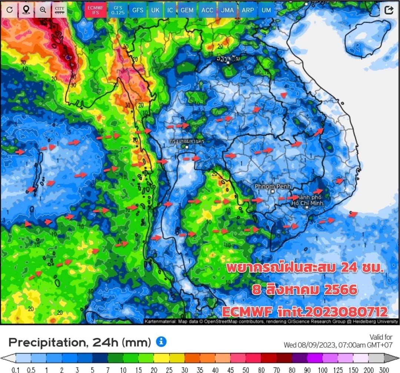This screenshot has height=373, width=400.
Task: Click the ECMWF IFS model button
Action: coord(96,10)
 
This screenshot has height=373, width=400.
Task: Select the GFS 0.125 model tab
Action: coord(117,10)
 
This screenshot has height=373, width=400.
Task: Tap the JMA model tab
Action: coord(227,10)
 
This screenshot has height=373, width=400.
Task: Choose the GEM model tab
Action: coord(187,10)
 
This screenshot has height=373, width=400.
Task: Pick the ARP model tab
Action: coord(247,10)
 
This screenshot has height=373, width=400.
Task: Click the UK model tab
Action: coord(155,10)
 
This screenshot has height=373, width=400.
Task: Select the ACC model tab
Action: coord(207,10)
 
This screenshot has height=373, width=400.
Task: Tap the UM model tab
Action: coord(266,10)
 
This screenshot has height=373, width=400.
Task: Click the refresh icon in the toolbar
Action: coord(10,10)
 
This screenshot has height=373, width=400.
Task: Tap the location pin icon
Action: coord(26,10)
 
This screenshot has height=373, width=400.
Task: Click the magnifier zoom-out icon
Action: coord(43,10)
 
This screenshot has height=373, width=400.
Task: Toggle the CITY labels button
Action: coord(59,10)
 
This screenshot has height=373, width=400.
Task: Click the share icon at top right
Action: coord(389,10)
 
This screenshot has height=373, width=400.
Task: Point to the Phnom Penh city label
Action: coord(273,186)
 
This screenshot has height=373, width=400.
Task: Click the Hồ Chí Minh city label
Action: coord(307,200)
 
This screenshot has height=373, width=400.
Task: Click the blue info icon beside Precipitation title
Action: coord(161,342)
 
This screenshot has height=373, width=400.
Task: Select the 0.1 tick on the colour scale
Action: coord(16,370)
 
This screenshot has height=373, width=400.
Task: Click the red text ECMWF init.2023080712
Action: coord(304,311)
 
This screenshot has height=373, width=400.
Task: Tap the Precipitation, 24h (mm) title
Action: coord(79,342)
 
